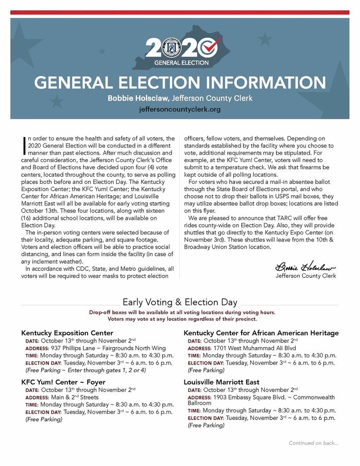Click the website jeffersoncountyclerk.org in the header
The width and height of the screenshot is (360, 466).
pyautogui.click(x=180, y=109)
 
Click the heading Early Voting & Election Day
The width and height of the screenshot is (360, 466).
pyautogui.click(x=180, y=302)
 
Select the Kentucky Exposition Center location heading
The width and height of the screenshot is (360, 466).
pyautogui.click(x=67, y=333)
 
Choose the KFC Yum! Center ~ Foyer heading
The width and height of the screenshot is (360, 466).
pyautogui.click(x=63, y=383)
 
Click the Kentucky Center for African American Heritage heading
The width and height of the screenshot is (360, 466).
pyautogui.click(x=261, y=333)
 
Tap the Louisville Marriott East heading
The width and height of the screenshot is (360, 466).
pyautogui.click(x=221, y=383)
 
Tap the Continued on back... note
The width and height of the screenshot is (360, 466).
pyautogui.click(x=313, y=443)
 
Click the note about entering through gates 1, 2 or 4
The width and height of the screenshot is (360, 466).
pyautogui.click(x=85, y=370)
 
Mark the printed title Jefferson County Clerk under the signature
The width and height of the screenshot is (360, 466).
pyautogui.click(x=305, y=276)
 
